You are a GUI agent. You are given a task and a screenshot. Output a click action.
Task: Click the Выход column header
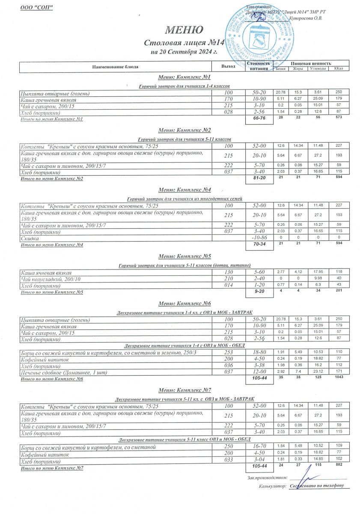(x=228, y=67)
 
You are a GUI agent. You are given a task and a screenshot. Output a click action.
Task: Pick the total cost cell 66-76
(x=259, y=120)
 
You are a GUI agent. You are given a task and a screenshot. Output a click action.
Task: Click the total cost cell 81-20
(x=259, y=179)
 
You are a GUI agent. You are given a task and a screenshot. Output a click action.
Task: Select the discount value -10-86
(x=259, y=238)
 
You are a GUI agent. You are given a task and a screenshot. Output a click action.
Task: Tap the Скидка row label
(x=30, y=238)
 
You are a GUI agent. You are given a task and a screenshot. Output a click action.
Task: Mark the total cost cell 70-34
(x=259, y=245)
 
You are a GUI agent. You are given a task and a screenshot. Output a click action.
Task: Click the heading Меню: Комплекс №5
(x=184, y=257)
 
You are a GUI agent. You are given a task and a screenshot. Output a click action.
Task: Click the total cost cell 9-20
(x=259, y=293)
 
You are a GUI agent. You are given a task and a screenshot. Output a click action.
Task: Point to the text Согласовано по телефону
(x=317, y=486)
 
